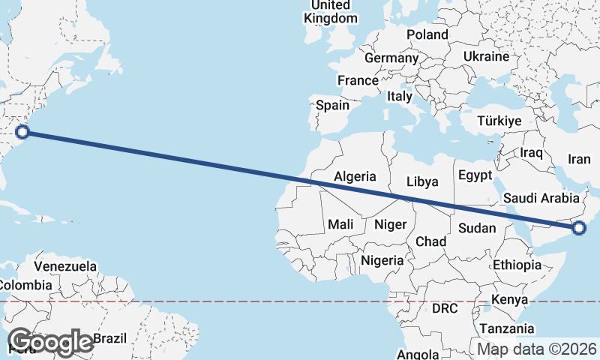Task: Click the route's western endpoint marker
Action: (x=22, y=132)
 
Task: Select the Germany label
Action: (x=391, y=58)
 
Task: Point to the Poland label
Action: (x=427, y=34)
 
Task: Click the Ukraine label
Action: (x=486, y=57)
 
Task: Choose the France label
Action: (x=357, y=80)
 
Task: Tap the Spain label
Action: (x=332, y=105)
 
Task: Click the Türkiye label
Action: (x=500, y=121)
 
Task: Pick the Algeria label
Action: (x=355, y=177)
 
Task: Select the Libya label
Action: (x=422, y=181)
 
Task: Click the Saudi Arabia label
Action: (x=541, y=198)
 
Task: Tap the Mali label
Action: (x=340, y=224)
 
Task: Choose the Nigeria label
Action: (x=382, y=261)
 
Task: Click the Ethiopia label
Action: (x=517, y=265)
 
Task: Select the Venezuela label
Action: (x=65, y=266)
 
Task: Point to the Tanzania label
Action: (x=507, y=328)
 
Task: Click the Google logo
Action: (x=51, y=342)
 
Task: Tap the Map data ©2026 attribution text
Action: (x=537, y=349)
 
